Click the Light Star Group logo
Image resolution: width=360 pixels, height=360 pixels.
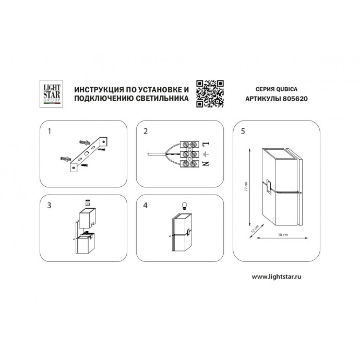pos(52,94)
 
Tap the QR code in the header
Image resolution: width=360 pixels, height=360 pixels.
pos(210,94)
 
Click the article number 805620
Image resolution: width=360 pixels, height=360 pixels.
pos(295,99)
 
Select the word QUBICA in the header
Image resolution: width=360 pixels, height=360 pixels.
pos(286,89)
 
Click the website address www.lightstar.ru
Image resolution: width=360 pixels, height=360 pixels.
pos(277,277)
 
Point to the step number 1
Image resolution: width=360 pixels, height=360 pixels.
pos(49,131)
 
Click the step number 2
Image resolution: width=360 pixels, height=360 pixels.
pos(146,131)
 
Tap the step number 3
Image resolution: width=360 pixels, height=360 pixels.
pos(49,205)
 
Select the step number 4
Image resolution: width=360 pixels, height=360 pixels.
pos(146,205)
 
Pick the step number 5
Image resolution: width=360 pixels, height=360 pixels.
pos(243,131)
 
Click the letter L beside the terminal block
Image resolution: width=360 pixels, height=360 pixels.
pos(205,145)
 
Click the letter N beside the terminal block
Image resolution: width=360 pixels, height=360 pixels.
pos(205,163)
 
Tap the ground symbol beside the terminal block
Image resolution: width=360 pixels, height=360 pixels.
pos(205,154)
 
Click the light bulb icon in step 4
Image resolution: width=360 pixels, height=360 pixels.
pos(184,206)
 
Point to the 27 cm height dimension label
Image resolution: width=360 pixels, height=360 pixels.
pos(246,186)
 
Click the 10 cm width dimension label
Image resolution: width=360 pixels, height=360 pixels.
pos(283,235)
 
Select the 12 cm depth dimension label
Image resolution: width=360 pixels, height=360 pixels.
pos(255,229)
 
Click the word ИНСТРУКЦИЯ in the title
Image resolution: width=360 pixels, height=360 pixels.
pos(97,90)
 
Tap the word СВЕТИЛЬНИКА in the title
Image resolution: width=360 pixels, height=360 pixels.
pos(162,98)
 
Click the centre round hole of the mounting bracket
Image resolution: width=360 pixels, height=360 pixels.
pos(87,153)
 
